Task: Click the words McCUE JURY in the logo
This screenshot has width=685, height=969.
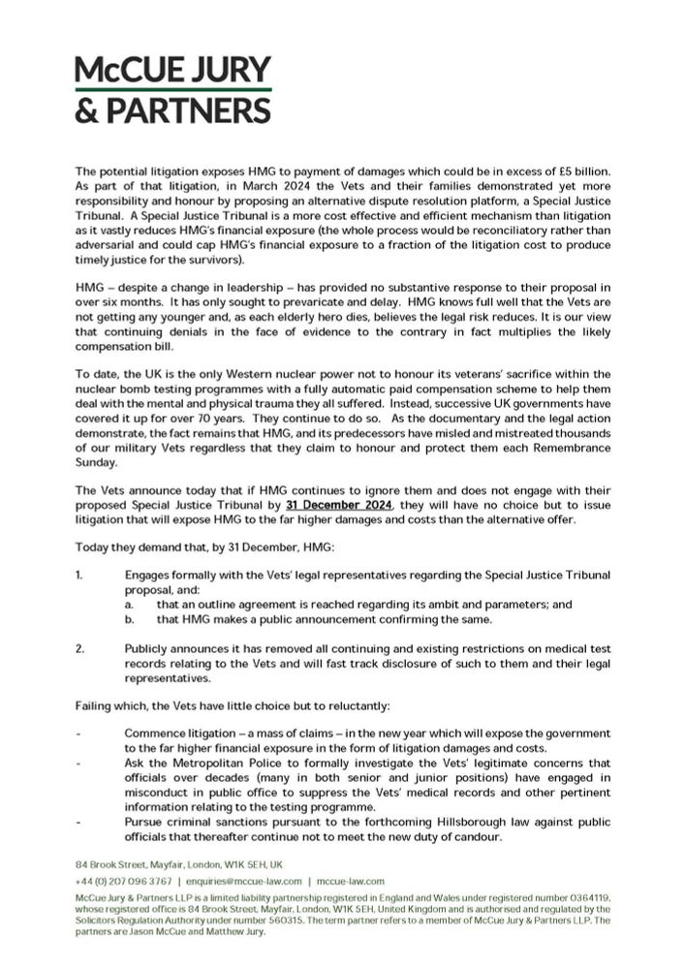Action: point(173,71)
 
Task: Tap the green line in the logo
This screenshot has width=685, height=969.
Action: point(173,90)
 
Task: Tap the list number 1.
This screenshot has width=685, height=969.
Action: point(78,575)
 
